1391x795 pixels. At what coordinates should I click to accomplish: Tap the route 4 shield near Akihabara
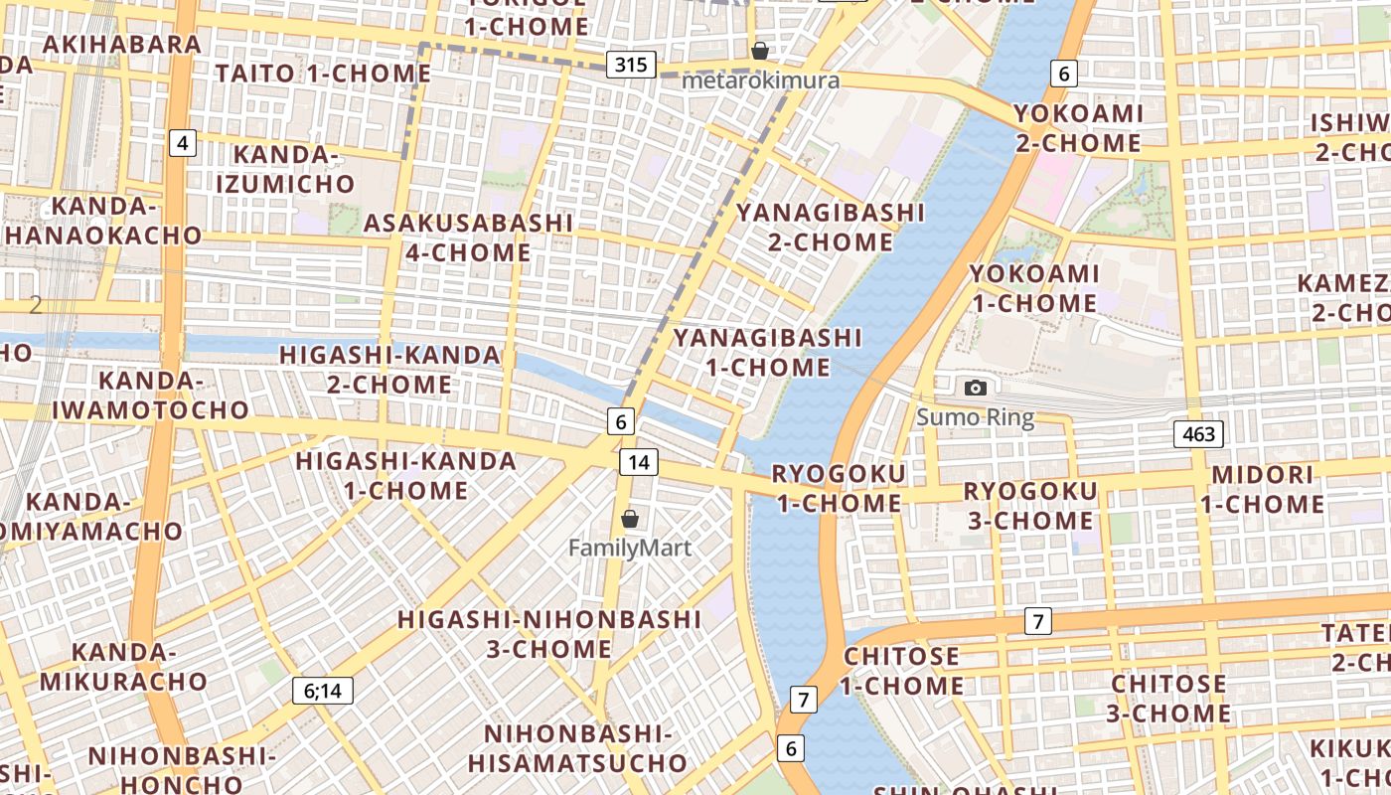(x=182, y=143)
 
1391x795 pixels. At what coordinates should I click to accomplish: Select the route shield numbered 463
(x=1197, y=433)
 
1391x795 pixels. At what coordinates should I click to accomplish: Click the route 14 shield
(x=638, y=461)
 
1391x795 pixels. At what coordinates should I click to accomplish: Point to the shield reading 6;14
(x=323, y=691)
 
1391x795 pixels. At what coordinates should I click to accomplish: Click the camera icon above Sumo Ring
(x=976, y=388)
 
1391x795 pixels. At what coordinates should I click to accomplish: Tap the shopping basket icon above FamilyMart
(x=630, y=519)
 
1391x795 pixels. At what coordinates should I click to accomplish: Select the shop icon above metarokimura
(x=760, y=51)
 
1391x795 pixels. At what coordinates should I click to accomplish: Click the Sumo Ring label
(x=976, y=417)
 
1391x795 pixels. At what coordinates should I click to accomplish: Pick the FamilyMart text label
(x=630, y=548)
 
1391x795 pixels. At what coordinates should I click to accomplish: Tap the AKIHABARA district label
(x=122, y=44)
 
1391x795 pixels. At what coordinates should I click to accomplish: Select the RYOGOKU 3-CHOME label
(x=1029, y=506)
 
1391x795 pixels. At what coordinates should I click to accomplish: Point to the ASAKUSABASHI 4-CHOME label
(x=468, y=238)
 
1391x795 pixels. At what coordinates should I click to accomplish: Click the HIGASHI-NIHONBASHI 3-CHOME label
(x=549, y=634)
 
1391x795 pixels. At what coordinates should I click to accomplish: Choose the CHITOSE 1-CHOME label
(x=902, y=671)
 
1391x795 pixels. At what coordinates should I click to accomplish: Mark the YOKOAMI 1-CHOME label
(x=1034, y=288)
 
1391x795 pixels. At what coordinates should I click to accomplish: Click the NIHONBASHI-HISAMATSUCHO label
(x=577, y=748)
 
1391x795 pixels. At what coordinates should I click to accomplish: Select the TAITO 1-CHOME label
(x=323, y=74)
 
